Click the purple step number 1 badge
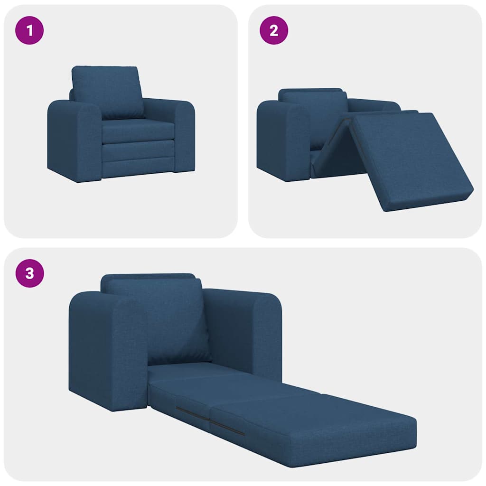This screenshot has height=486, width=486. click(30, 31)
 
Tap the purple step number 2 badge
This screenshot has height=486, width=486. click(273, 31)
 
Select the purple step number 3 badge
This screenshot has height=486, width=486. click(30, 274)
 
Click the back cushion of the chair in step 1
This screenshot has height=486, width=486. click(107, 91)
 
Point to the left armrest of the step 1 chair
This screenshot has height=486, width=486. click(74, 140)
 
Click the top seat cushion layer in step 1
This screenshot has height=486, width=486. click(138, 130)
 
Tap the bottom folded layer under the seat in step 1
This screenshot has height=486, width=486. click(138, 167)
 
